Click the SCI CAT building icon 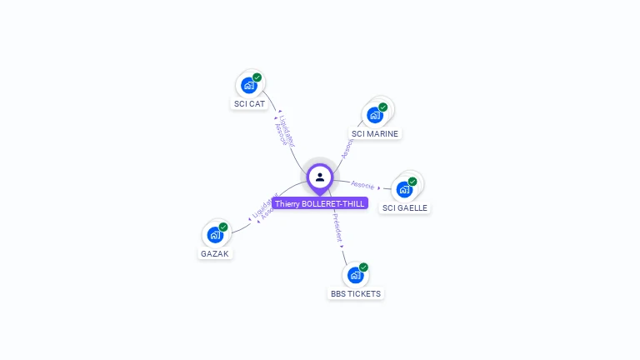click(x=248, y=85)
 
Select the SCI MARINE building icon click(x=374, y=115)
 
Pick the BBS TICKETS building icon click(x=355, y=275)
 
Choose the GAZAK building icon click(x=214, y=234)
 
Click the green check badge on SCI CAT click(x=257, y=77)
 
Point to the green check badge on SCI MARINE click(x=383, y=107)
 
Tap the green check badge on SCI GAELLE click(x=412, y=181)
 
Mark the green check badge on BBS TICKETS click(x=364, y=267)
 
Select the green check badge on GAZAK click(x=223, y=226)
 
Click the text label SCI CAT click(x=249, y=104)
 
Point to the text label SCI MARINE click(x=376, y=133)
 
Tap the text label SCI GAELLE click(x=406, y=207)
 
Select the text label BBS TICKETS click(x=356, y=294)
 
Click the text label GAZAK click(x=215, y=253)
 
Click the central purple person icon click(x=320, y=177)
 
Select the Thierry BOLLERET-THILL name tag click(x=320, y=203)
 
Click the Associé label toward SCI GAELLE click(x=362, y=184)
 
